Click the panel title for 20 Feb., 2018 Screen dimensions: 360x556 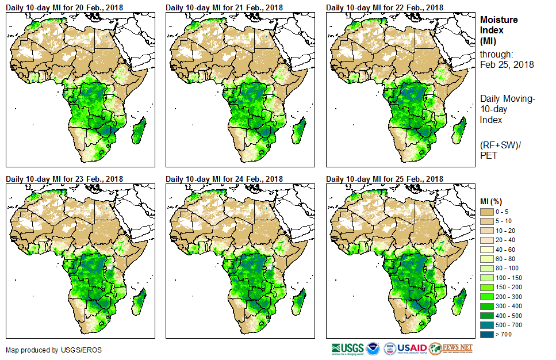click(64, 7)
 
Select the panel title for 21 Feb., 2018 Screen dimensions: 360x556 click(224, 7)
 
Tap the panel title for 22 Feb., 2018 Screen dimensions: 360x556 click(385, 7)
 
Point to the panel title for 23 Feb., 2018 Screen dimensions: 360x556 click(64, 179)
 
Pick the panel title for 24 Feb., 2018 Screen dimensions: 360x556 click(224, 179)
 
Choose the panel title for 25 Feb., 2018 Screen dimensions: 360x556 click(385, 179)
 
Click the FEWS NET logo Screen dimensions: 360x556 click(451, 348)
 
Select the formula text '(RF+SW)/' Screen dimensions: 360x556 click(497, 143)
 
